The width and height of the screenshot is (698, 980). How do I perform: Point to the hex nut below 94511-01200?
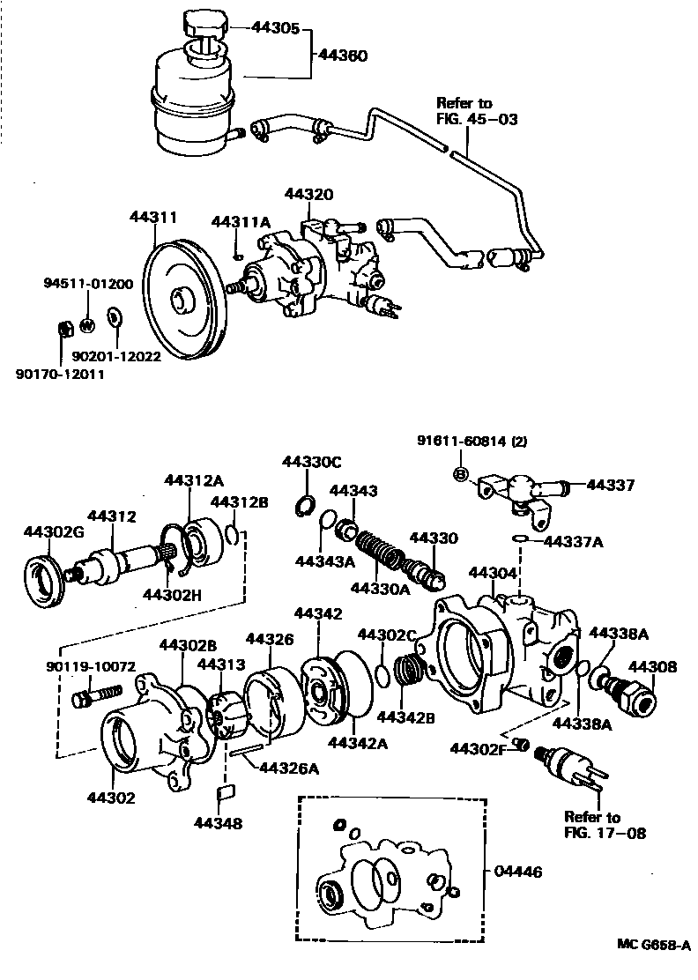[x=63, y=328]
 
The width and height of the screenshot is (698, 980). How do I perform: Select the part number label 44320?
[x=308, y=193]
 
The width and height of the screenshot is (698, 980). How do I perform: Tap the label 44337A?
[x=573, y=541]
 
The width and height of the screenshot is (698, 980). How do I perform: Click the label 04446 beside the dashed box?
[x=518, y=872]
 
